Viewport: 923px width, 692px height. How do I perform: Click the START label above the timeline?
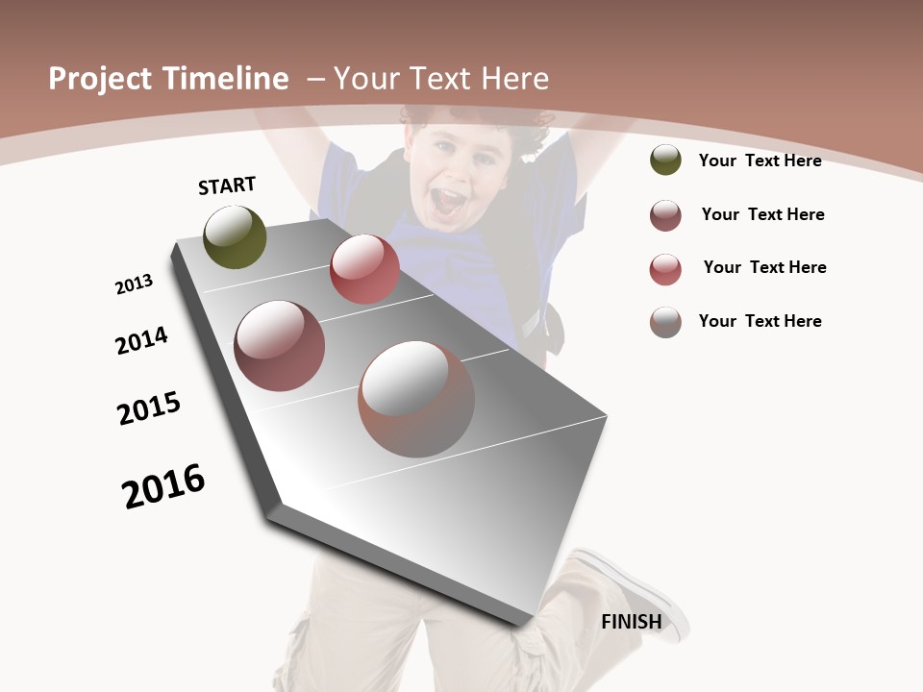coord(227,185)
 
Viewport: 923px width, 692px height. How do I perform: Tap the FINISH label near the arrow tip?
coord(631,622)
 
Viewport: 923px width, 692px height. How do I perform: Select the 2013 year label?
coord(134,284)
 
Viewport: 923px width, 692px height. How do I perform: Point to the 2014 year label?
coord(141,340)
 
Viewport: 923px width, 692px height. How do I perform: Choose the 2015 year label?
coord(149,408)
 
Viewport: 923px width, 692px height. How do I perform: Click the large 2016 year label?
coord(163,486)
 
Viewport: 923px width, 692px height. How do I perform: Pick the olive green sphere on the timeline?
coord(235,237)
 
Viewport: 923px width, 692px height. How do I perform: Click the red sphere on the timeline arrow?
coord(364,269)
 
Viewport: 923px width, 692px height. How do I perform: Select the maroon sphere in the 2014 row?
coord(279,346)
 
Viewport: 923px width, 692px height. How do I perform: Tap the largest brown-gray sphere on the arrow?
coord(416,399)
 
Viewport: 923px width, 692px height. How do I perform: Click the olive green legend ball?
coord(665,161)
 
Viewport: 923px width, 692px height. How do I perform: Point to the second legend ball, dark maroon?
coord(665,215)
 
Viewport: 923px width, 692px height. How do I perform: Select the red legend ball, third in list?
coord(665,269)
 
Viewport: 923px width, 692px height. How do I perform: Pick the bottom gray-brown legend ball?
coord(665,322)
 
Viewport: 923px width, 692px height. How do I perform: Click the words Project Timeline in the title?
coord(168,79)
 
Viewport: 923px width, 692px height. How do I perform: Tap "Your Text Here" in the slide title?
coord(441,79)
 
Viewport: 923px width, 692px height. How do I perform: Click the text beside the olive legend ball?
coord(760,161)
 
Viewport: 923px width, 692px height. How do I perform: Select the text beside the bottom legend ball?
coord(760,321)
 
